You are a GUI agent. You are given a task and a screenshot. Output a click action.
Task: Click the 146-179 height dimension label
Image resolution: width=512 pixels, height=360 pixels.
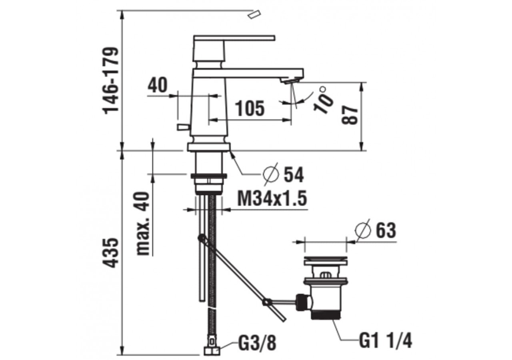(111, 81)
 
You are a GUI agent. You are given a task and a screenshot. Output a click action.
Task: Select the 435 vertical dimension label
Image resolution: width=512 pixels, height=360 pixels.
(111, 253)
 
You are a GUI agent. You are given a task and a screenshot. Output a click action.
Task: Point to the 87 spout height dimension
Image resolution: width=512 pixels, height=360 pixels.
(350, 115)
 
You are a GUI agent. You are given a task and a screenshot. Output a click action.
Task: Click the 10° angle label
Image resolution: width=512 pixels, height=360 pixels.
(323, 100)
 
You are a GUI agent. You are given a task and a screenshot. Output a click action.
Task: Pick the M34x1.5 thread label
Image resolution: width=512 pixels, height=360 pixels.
(272, 198)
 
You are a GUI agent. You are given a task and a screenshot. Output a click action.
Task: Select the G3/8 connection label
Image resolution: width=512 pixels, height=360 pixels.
(257, 343)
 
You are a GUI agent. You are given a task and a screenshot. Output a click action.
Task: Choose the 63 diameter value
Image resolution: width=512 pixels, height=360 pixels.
(386, 231)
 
